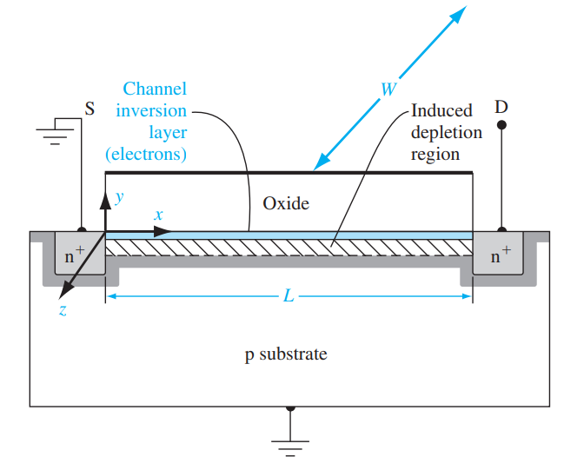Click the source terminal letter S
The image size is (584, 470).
coord(90,109)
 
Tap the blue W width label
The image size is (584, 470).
coord(388,89)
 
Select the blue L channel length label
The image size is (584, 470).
coord(289,296)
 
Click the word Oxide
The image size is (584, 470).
coord(286,203)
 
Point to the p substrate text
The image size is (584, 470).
coord(286,354)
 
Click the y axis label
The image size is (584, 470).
coord(120,197)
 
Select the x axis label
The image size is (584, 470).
coord(158,214)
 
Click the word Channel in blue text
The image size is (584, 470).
coord(155,89)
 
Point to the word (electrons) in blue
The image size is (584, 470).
coord(146,155)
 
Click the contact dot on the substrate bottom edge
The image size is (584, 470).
coord(290,407)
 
